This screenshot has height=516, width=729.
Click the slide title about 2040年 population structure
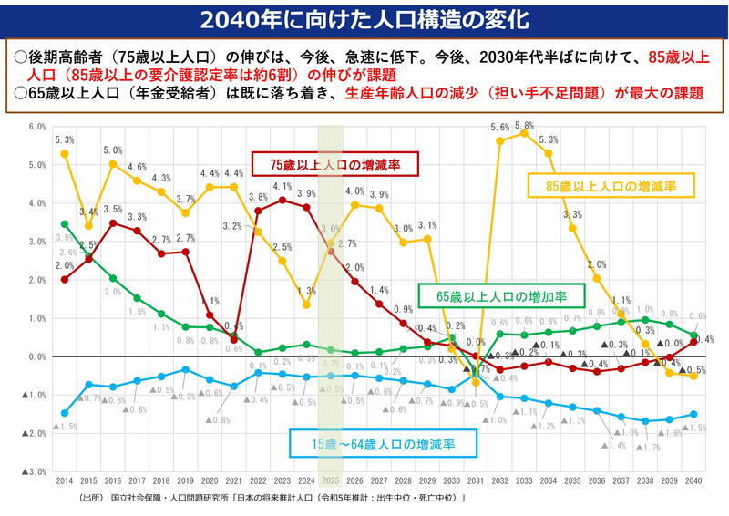(x=364, y=17)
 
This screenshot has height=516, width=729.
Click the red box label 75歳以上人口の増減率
(x=336, y=165)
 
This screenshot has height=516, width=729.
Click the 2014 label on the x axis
(x=64, y=480)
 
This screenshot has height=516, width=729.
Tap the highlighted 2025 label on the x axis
(x=331, y=480)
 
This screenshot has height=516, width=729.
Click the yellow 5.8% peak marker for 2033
(x=524, y=133)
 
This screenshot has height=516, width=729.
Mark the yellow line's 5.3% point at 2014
(x=64, y=153)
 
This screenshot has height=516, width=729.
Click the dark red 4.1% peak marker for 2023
(x=282, y=199)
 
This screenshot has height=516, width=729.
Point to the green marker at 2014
(x=64, y=223)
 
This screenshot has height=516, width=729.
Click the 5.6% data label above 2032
(x=499, y=127)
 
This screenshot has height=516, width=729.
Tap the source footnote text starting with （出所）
(x=273, y=499)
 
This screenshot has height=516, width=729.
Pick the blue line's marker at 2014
(x=64, y=413)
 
